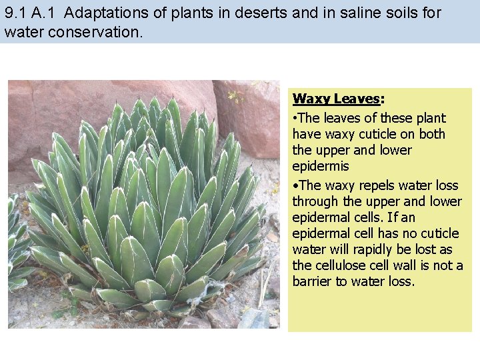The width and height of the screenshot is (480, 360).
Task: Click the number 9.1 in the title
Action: tap(15, 13)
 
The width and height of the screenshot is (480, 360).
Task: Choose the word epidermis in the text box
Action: tap(320, 167)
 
